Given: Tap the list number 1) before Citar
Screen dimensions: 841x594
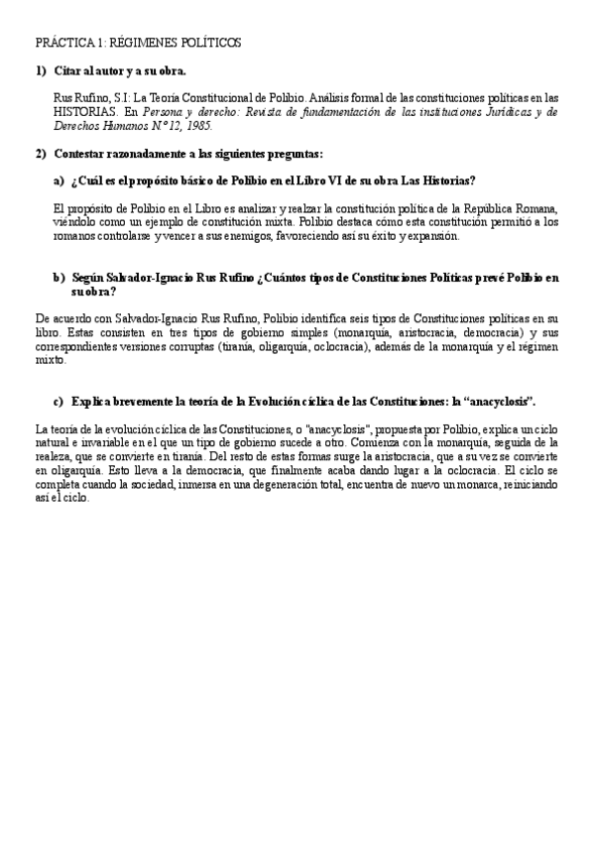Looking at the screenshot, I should click(41, 71).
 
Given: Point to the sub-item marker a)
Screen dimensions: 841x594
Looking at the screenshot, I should click(58, 180).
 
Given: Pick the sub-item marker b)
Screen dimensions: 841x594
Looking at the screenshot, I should click(58, 278).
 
